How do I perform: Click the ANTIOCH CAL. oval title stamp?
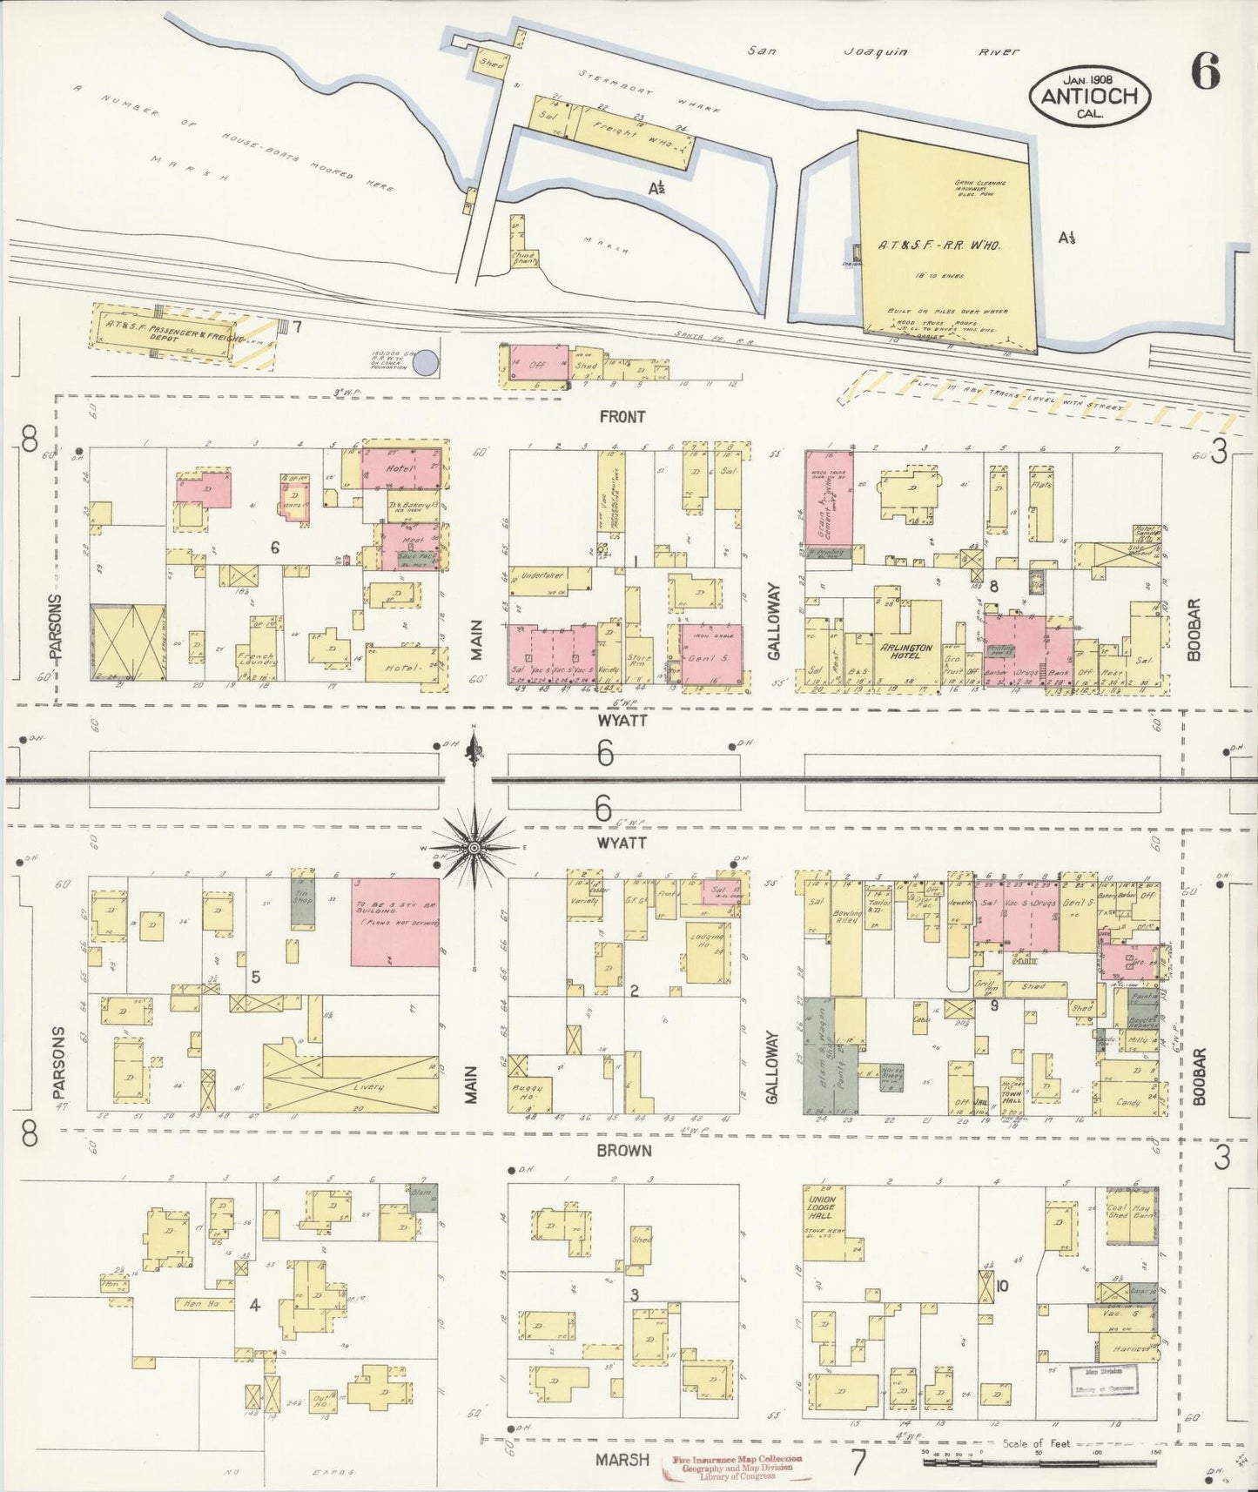click(1090, 96)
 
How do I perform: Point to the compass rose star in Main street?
click(474, 846)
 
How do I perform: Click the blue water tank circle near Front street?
click(425, 362)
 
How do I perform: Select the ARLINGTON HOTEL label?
click(905, 652)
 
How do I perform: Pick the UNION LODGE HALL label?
click(822, 1207)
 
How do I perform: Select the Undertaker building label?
click(542, 575)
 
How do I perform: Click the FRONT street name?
click(622, 417)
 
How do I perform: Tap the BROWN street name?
click(623, 1150)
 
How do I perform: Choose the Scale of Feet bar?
click(1040, 1461)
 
